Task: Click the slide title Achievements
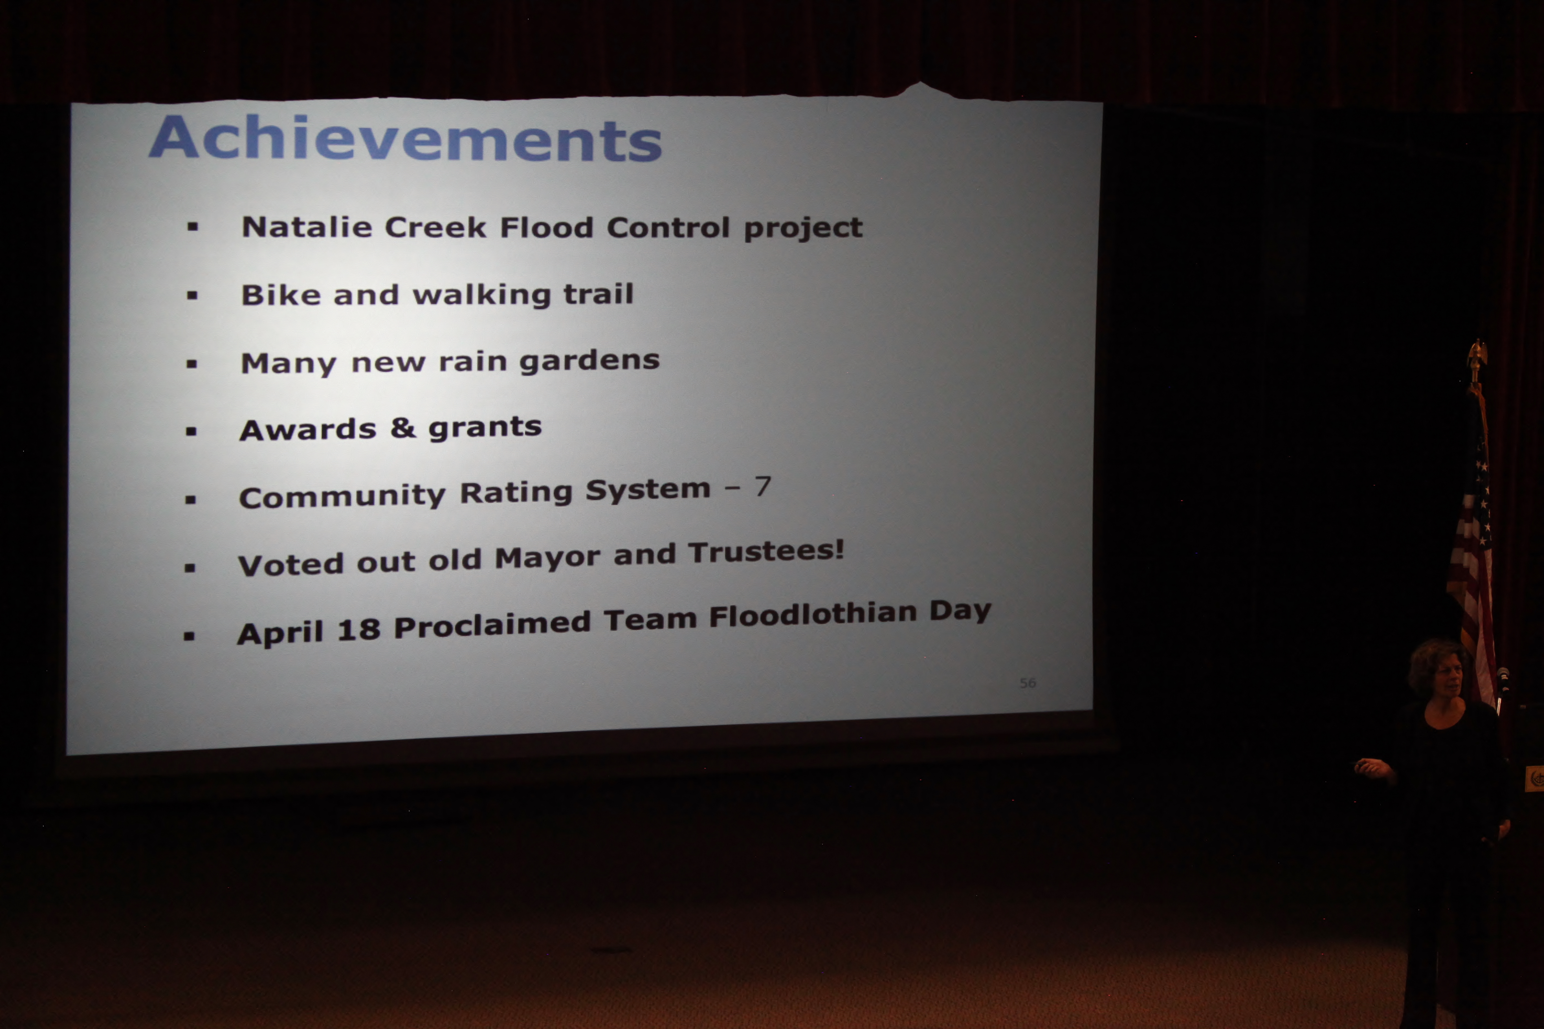(405, 139)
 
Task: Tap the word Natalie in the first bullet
(307, 227)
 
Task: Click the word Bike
(280, 295)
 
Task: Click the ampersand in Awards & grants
(403, 428)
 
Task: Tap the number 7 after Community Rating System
(762, 486)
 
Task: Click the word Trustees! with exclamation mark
(766, 552)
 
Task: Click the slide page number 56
(1027, 683)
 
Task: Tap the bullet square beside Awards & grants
(191, 431)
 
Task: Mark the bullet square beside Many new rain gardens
(192, 364)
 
